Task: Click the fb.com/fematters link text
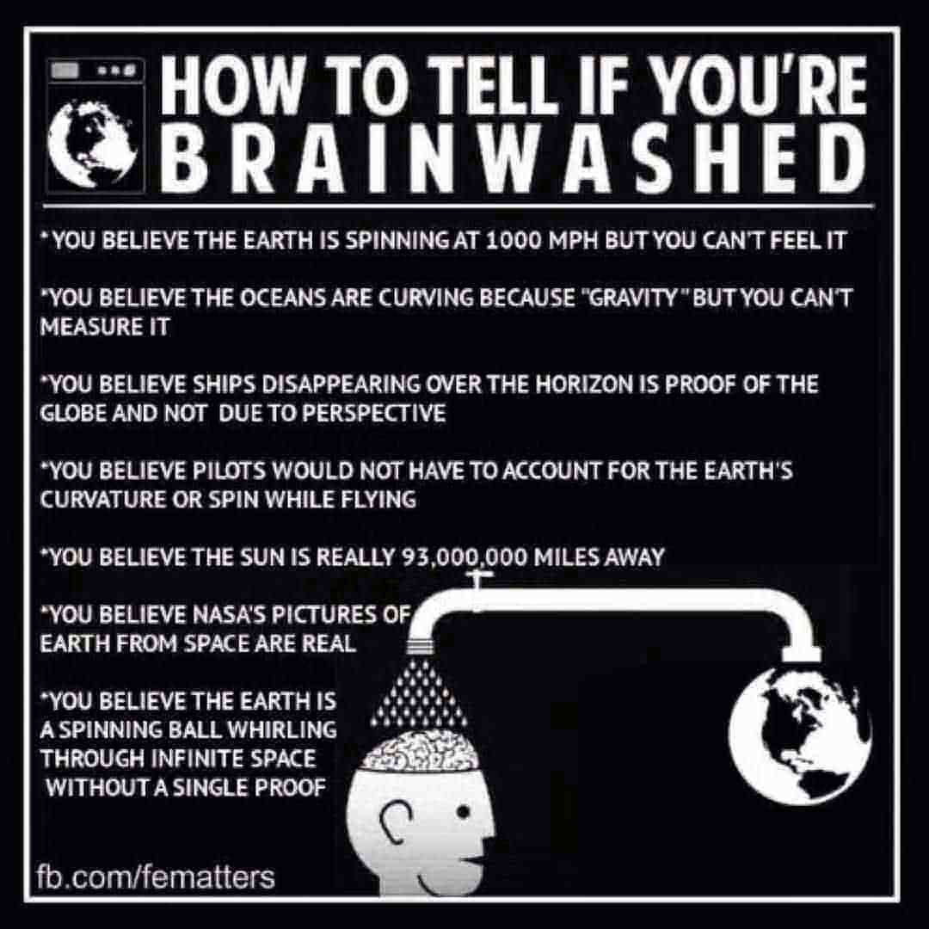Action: pos(157,878)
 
